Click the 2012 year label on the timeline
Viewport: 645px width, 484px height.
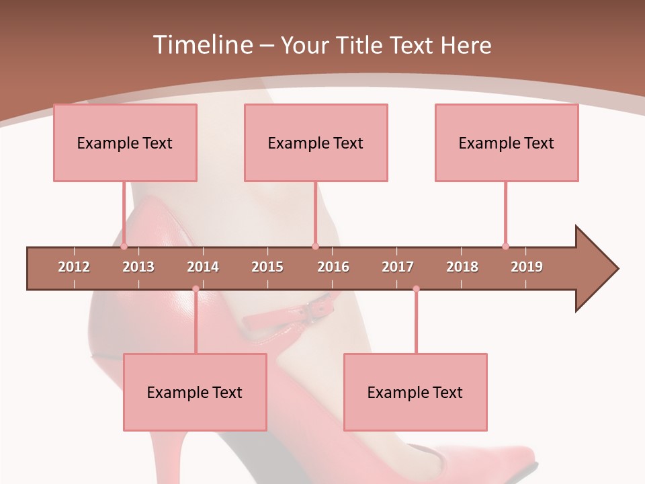[x=74, y=267]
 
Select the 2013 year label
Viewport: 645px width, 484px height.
[x=138, y=267]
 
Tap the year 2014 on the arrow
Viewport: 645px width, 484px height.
[x=203, y=267]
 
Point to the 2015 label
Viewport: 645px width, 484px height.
[x=267, y=267]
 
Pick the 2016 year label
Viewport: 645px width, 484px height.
[x=333, y=267]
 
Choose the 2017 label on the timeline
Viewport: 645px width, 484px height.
[x=398, y=267]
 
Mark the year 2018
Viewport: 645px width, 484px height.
[x=462, y=267]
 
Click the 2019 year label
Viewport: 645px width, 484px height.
[x=527, y=267]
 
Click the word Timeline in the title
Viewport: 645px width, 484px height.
[x=202, y=45]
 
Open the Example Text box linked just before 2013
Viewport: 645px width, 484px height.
[x=125, y=143]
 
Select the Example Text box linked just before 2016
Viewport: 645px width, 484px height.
[x=316, y=143]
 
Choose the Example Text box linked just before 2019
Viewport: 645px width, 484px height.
[x=507, y=143]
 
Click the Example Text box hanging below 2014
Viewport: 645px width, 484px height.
[x=195, y=392]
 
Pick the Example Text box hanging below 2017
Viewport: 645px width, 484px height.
[x=415, y=392]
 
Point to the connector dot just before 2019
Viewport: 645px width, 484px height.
[x=505, y=246]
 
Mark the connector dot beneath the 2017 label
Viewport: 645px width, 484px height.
[x=416, y=289]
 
